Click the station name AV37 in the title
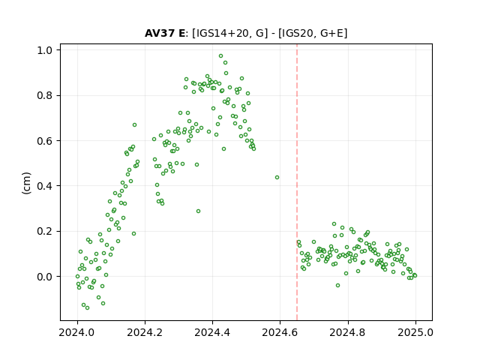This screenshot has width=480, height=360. pyautogui.click(x=159, y=33)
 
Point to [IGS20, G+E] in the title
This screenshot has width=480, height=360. pyautogui.click(x=313, y=33)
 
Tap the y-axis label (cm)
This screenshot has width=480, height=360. pyautogui.click(x=27, y=183)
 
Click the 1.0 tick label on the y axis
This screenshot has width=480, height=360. pyautogui.click(x=44, y=50)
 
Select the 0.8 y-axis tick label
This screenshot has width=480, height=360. pyautogui.click(x=44, y=95)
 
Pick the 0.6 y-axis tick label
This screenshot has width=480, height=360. pyautogui.click(x=44, y=141)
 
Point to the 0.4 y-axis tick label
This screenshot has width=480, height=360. pyautogui.click(x=44, y=186)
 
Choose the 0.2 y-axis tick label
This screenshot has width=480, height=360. pyautogui.click(x=44, y=231)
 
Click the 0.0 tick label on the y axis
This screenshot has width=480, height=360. pyautogui.click(x=44, y=277)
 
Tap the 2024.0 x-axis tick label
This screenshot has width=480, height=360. pyautogui.click(x=77, y=332)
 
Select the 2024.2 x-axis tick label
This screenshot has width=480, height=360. pyautogui.click(x=145, y=332)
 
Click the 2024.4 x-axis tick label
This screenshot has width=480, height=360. pyautogui.click(x=212, y=332)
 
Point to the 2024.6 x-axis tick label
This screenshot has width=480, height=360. pyautogui.click(x=280, y=332)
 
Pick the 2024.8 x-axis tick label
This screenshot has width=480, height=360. pyautogui.click(x=347, y=332)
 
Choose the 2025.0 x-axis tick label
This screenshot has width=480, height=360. pyautogui.click(x=415, y=332)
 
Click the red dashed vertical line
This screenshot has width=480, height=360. pyautogui.click(x=297, y=182)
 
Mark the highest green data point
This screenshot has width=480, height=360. pyautogui.click(x=220, y=56)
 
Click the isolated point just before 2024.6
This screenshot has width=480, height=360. pyautogui.click(x=277, y=178)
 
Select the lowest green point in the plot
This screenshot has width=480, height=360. pyautogui.click(x=87, y=308)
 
